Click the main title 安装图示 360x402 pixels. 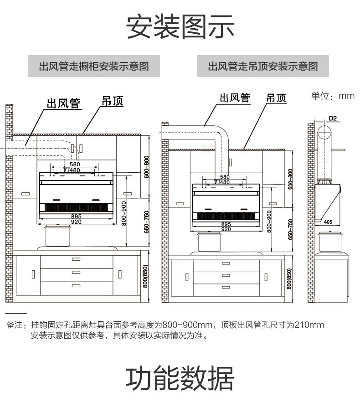tap(180, 26)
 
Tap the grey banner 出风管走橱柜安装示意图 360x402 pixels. tap(93, 67)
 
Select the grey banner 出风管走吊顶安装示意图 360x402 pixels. tap(263, 67)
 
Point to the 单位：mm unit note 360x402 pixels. tap(333, 96)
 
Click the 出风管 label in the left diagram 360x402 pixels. tap(63, 103)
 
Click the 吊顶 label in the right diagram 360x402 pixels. tap(276, 98)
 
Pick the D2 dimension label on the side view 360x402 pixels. tap(333, 119)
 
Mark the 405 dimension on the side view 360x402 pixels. tap(329, 222)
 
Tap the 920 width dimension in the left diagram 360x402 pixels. tap(76, 222)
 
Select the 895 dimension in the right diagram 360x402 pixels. tap(226, 224)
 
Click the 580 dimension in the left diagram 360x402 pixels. tap(75, 164)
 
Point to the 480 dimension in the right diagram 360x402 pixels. tap(225, 182)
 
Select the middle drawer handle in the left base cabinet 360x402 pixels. tap(76, 273)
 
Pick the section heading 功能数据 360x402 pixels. tap(180, 378)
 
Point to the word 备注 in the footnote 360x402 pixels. tap(14, 325)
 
